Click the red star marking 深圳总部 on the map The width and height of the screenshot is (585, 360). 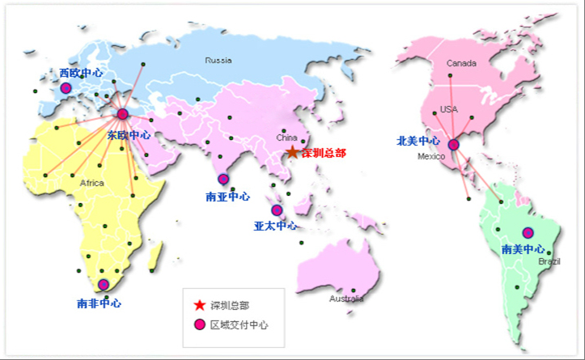point(292,152)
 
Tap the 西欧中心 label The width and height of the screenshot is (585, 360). point(81,73)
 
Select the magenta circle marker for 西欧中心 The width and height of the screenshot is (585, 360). point(66,88)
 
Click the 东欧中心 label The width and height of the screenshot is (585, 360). point(129,135)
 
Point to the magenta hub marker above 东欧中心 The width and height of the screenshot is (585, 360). point(122,114)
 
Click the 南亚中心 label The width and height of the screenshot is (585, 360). point(227,197)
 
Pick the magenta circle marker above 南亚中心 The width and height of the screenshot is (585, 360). point(223,179)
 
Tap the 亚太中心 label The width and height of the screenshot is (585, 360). point(275,226)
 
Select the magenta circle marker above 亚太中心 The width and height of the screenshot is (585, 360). point(277,210)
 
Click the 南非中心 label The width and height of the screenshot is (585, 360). point(99,303)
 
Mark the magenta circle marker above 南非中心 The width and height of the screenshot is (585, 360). point(103,285)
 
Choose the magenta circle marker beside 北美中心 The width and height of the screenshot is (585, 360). point(453,145)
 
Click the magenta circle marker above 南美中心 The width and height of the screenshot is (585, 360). point(528,233)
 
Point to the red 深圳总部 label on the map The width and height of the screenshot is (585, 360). point(324,152)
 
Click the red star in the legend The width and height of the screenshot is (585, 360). point(199,305)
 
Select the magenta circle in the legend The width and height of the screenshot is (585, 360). point(199,324)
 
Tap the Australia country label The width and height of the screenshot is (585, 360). point(346,299)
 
